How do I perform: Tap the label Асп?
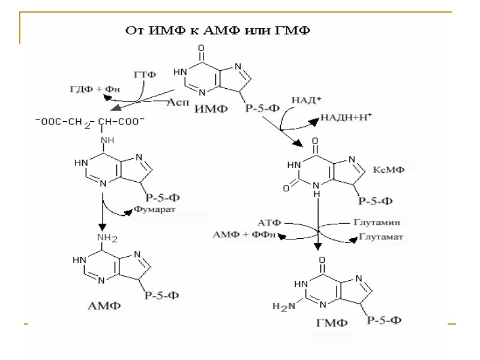pyautogui.click(x=178, y=102)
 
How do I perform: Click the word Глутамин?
pyautogui.click(x=381, y=222)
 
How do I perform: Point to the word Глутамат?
pyautogui.click(x=382, y=236)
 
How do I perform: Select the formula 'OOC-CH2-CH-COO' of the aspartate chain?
pyautogui.click(x=90, y=121)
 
